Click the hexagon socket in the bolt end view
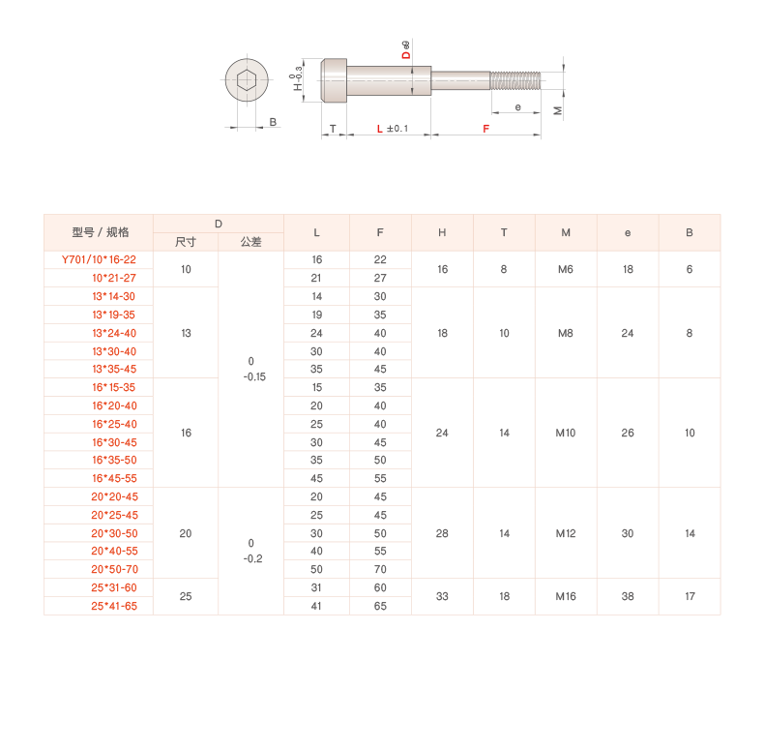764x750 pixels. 247,80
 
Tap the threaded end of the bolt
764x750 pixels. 515,80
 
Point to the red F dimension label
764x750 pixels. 485,129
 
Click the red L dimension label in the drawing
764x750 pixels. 379,129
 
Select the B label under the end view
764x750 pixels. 273,122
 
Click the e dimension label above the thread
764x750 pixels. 518,107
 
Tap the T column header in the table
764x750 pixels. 504,232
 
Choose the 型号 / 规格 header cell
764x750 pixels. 101,232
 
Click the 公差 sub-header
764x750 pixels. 250,242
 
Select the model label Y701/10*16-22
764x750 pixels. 99,259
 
